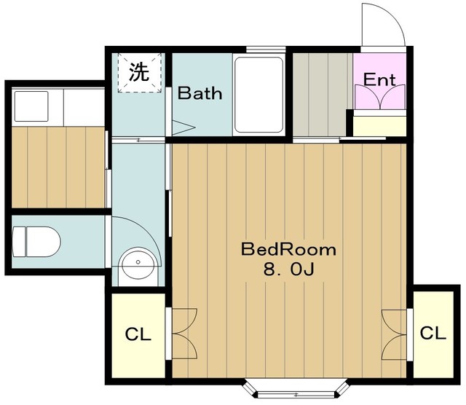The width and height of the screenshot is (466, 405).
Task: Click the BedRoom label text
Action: [288, 250]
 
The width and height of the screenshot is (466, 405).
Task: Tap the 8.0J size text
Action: [288, 270]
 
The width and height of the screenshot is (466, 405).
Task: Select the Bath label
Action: [200, 94]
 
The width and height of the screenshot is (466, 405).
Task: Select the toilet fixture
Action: [36, 240]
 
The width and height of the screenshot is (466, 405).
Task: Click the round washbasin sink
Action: [136, 263]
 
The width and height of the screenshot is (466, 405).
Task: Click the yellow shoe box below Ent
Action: [377, 125]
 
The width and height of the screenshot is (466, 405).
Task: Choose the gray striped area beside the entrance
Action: [322, 94]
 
